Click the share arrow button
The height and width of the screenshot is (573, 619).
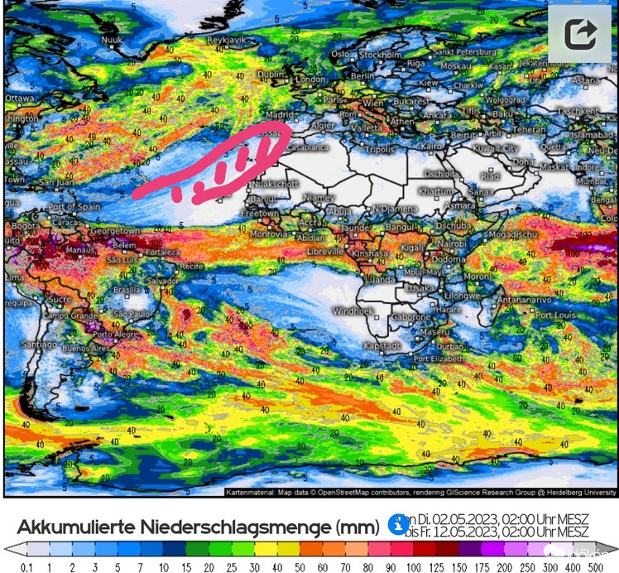[580, 35]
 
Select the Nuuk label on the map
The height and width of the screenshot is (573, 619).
[111, 39]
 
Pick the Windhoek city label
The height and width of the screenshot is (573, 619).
[353, 311]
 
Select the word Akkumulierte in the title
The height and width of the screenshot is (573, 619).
[73, 527]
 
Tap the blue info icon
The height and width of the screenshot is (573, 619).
[398, 523]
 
